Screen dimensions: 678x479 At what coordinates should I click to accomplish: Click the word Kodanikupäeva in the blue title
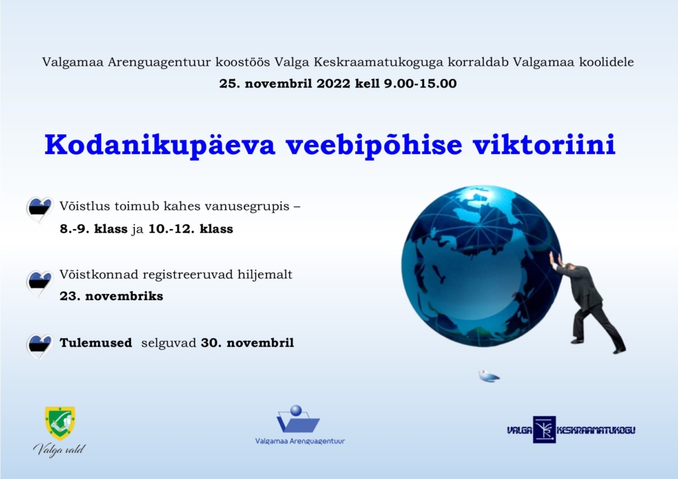point(160,145)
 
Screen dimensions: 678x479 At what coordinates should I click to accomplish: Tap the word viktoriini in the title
point(544,144)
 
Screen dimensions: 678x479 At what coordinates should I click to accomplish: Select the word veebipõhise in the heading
point(374,145)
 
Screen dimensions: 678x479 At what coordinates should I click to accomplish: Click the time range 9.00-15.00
point(420,84)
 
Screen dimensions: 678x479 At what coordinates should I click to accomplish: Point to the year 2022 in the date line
point(333,84)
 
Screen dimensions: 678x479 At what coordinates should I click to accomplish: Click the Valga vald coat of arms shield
point(60,423)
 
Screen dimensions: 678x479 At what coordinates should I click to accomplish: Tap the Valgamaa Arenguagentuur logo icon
point(298,418)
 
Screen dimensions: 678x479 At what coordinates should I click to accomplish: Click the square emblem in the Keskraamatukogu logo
point(544,429)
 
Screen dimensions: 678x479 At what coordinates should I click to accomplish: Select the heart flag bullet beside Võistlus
point(39,210)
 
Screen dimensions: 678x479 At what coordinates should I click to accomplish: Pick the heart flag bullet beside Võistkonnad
point(39,284)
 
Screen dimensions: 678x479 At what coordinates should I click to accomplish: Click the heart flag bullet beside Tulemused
point(39,347)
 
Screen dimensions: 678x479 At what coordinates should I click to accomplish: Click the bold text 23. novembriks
point(111,296)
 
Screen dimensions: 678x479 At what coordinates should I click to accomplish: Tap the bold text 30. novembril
point(248,343)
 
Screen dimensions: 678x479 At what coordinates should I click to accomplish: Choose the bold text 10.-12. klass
point(191,229)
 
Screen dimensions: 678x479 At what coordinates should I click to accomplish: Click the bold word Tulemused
point(96,343)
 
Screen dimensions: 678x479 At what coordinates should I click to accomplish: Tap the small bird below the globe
point(488,376)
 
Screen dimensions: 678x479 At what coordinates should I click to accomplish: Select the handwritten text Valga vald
point(59,449)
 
